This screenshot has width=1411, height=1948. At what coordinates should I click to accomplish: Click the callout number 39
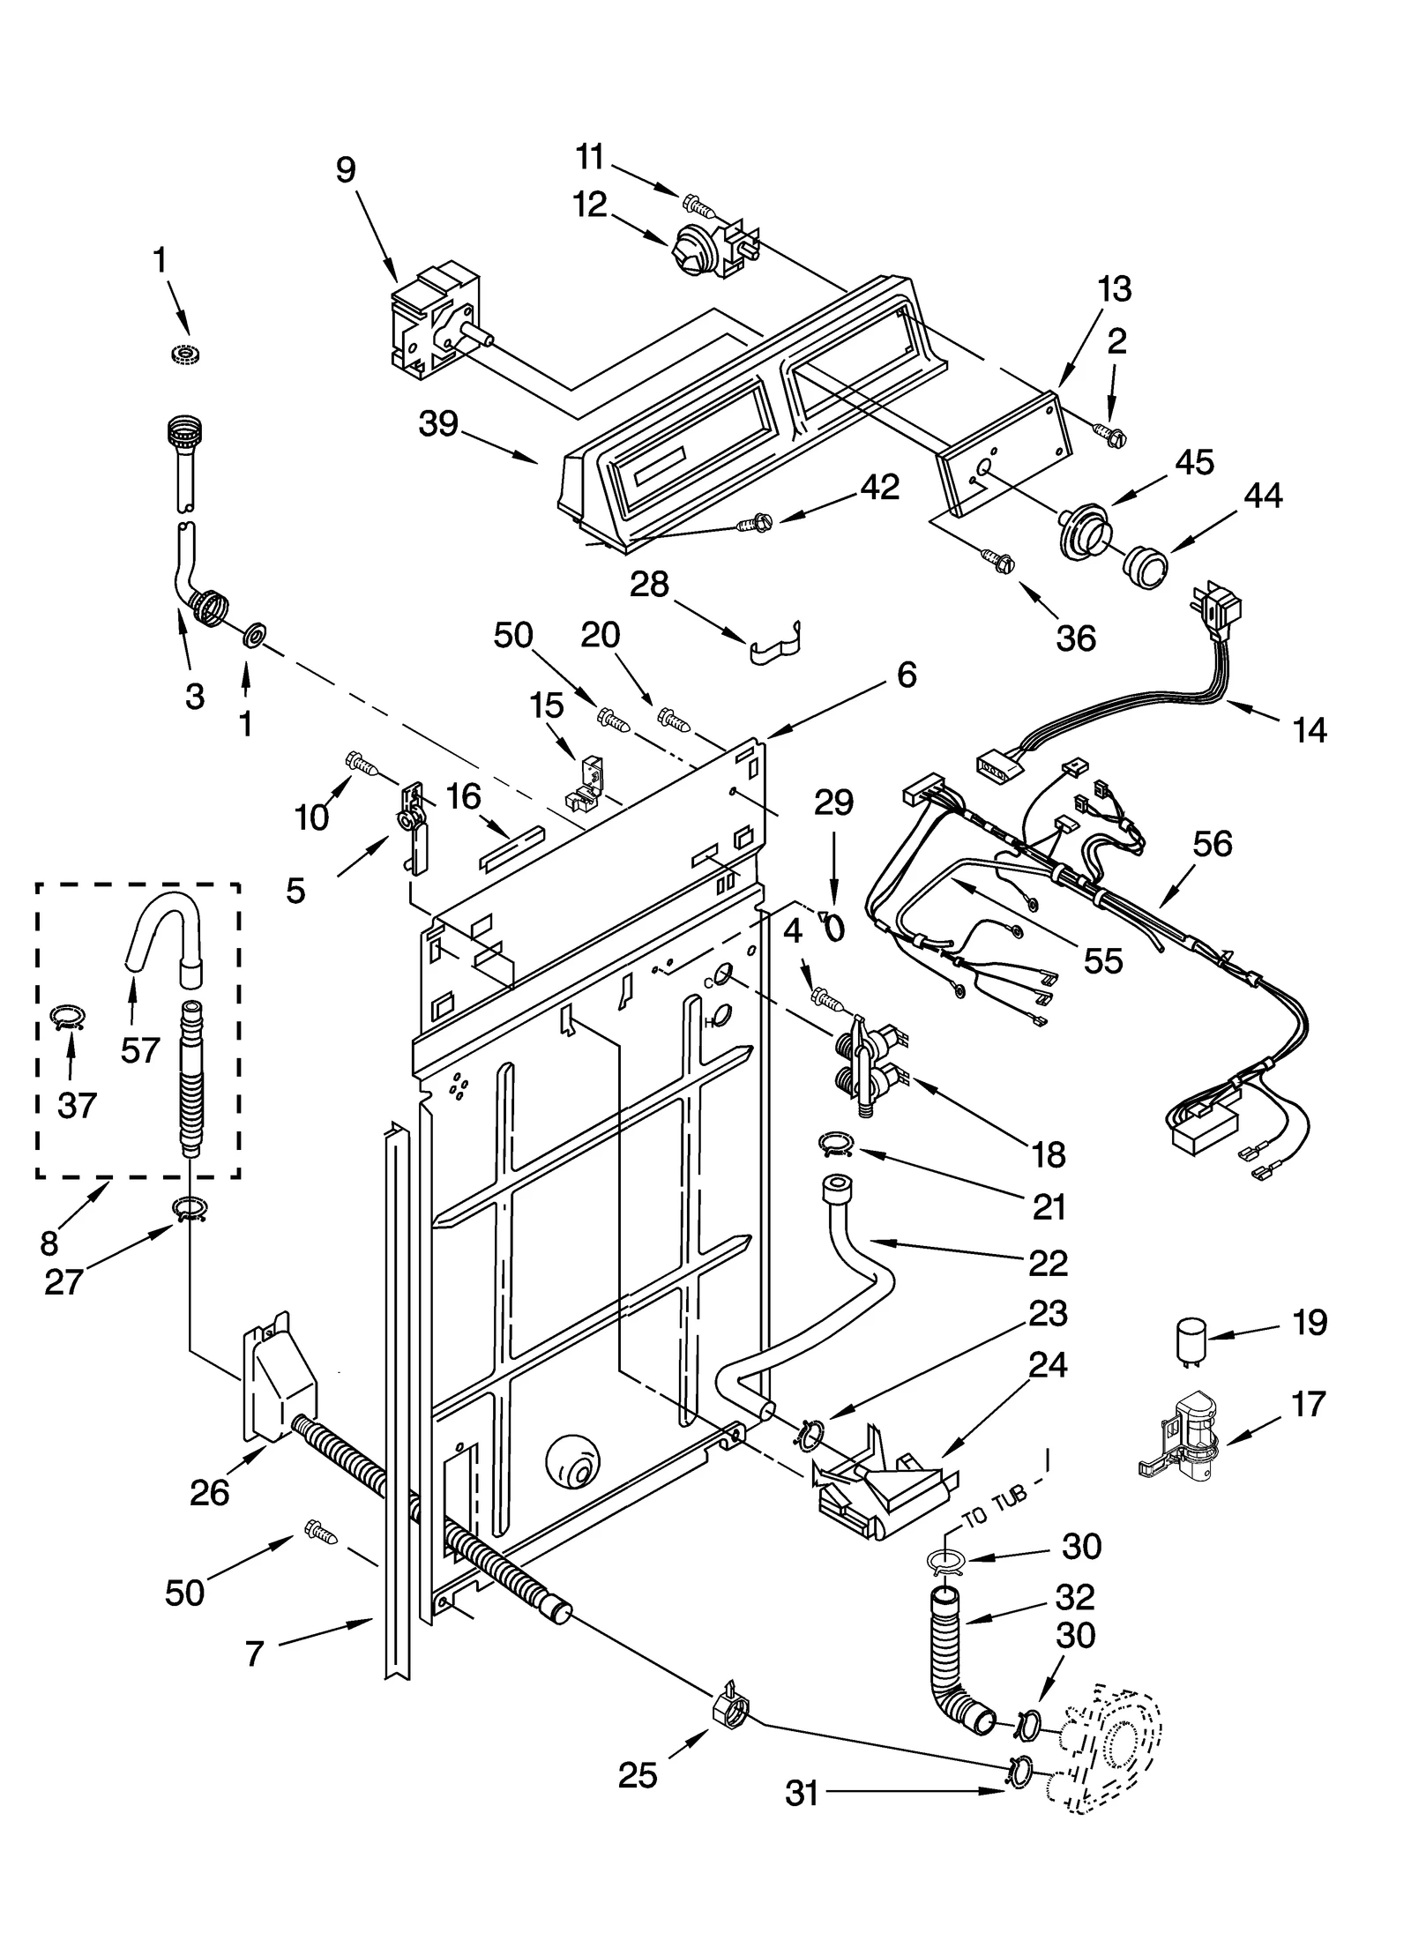tap(438, 424)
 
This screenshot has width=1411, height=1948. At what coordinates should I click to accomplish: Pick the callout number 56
tap(1212, 844)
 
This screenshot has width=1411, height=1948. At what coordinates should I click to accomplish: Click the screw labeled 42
tap(755, 525)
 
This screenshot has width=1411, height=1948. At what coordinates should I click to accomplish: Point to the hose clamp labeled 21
tap(834, 1145)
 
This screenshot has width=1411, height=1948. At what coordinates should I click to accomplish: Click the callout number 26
tap(210, 1492)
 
